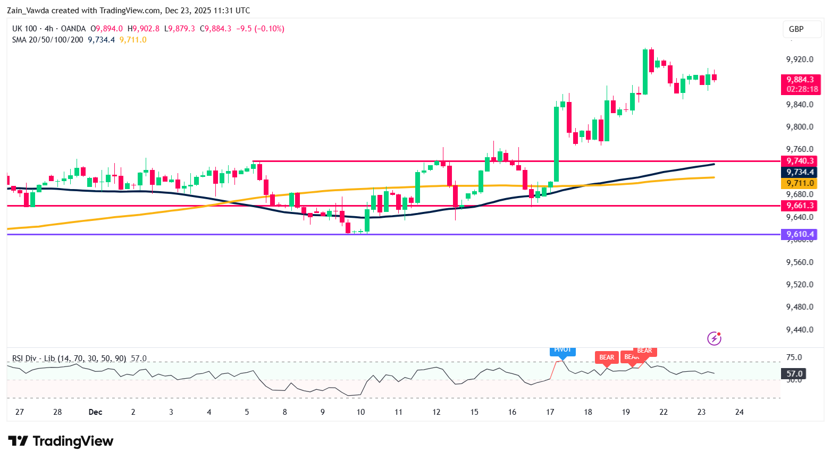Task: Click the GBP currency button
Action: click(x=796, y=29)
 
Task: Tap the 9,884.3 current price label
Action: click(x=800, y=80)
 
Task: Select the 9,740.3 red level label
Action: click(x=800, y=161)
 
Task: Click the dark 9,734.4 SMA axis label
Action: click(x=800, y=172)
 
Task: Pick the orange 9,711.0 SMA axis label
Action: click(x=800, y=183)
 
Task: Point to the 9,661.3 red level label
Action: click(x=800, y=206)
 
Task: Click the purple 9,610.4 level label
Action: click(x=800, y=234)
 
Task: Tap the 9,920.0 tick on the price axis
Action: click(x=800, y=59)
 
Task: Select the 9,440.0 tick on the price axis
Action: click(x=800, y=330)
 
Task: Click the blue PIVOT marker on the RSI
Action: click(x=563, y=350)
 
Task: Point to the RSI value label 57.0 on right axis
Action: click(x=794, y=374)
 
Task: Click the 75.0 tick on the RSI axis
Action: click(x=794, y=357)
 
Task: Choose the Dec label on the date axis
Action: click(x=95, y=412)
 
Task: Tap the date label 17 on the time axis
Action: click(x=550, y=412)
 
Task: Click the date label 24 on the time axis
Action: click(x=739, y=412)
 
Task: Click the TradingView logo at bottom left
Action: click(x=61, y=441)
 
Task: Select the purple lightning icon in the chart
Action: click(x=714, y=338)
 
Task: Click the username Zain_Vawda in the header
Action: click(x=28, y=11)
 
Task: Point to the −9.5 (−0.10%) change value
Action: click(x=260, y=29)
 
